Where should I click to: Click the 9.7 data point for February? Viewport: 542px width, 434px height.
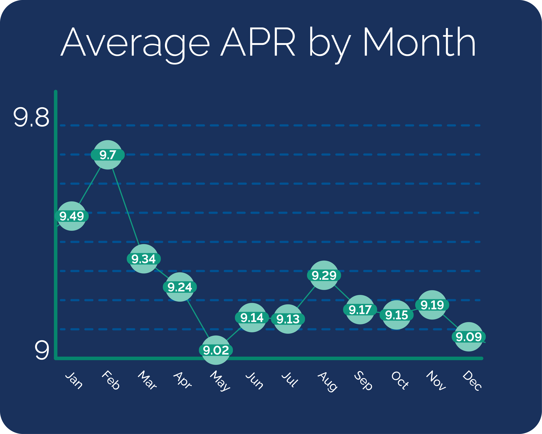click(x=108, y=155)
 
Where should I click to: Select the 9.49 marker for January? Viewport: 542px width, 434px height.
click(x=72, y=216)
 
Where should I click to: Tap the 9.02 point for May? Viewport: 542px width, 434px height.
click(x=216, y=350)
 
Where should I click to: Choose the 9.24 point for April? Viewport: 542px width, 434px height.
click(x=180, y=287)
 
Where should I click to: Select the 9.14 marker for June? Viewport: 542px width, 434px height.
click(x=252, y=318)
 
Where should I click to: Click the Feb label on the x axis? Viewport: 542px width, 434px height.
click(x=111, y=380)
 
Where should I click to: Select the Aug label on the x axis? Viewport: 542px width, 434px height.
click(x=327, y=381)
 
